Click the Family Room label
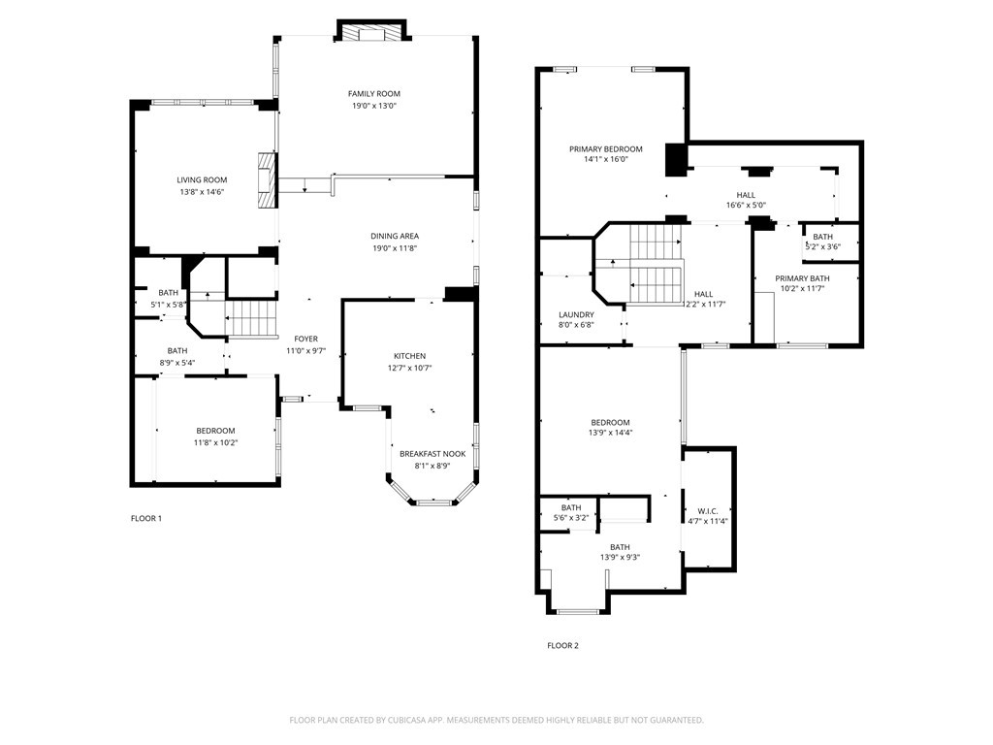[x=373, y=94]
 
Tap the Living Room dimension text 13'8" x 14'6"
[x=202, y=191]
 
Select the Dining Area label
[x=395, y=237]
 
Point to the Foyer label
[x=305, y=339]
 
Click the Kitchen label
[x=410, y=356]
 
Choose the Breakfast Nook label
[x=432, y=454]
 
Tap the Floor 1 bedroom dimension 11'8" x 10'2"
[x=215, y=442]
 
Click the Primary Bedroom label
[x=605, y=149]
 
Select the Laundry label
[x=576, y=315]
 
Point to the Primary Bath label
[x=802, y=278]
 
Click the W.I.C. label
[x=707, y=511]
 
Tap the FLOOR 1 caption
[x=146, y=518]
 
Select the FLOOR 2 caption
[x=563, y=645]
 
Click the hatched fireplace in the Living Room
[x=268, y=179]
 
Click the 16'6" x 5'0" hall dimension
[x=746, y=206]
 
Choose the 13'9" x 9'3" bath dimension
[x=620, y=558]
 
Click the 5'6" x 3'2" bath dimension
[x=570, y=518]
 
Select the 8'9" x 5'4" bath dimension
[x=177, y=363]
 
